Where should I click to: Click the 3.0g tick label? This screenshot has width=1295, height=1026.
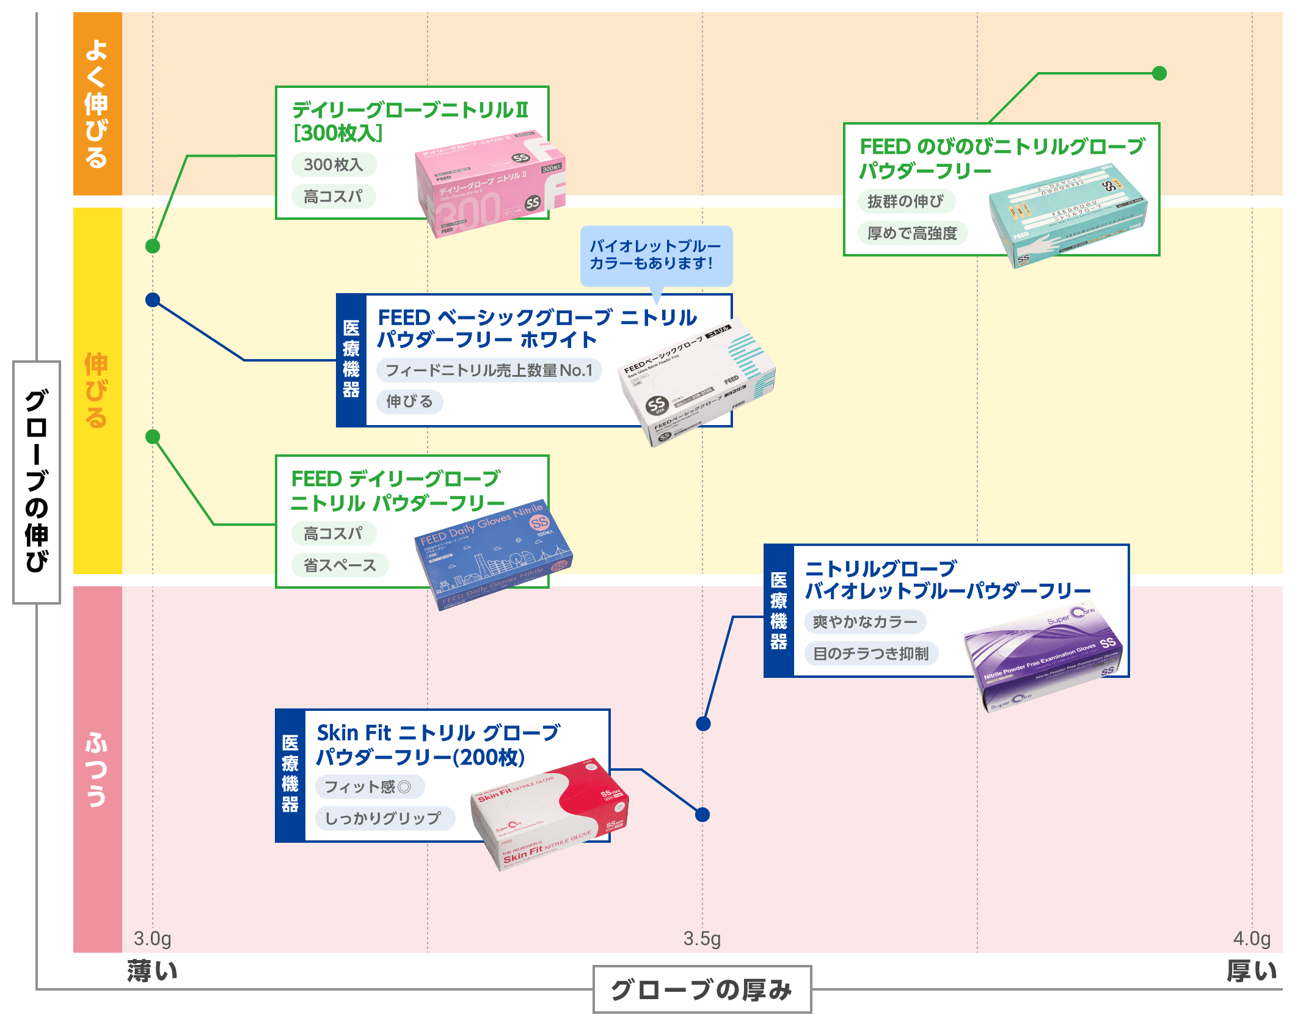[152, 938]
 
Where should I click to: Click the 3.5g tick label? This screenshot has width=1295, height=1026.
[702, 938]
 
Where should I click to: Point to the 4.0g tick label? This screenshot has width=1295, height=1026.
[1252, 938]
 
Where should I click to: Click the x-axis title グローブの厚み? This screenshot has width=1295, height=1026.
[702, 989]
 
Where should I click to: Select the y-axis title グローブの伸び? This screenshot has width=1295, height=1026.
[37, 482]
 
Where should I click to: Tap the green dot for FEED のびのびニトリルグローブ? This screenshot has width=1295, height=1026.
[1159, 73]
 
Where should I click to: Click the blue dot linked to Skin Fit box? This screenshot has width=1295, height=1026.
[702, 814]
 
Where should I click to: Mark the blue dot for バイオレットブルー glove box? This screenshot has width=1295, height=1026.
[703, 724]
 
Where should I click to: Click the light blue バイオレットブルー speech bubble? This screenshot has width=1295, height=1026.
[655, 255]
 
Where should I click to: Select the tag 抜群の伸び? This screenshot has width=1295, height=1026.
[905, 201]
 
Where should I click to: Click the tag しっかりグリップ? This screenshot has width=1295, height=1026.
[384, 818]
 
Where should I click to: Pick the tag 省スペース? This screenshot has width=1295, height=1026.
[340, 565]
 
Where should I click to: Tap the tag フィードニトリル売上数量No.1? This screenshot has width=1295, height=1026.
[489, 370]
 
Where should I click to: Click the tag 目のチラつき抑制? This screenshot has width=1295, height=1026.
[870, 653]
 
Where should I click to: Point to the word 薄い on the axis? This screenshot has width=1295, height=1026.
[152, 971]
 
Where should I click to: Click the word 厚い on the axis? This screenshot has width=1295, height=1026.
[1252, 971]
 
